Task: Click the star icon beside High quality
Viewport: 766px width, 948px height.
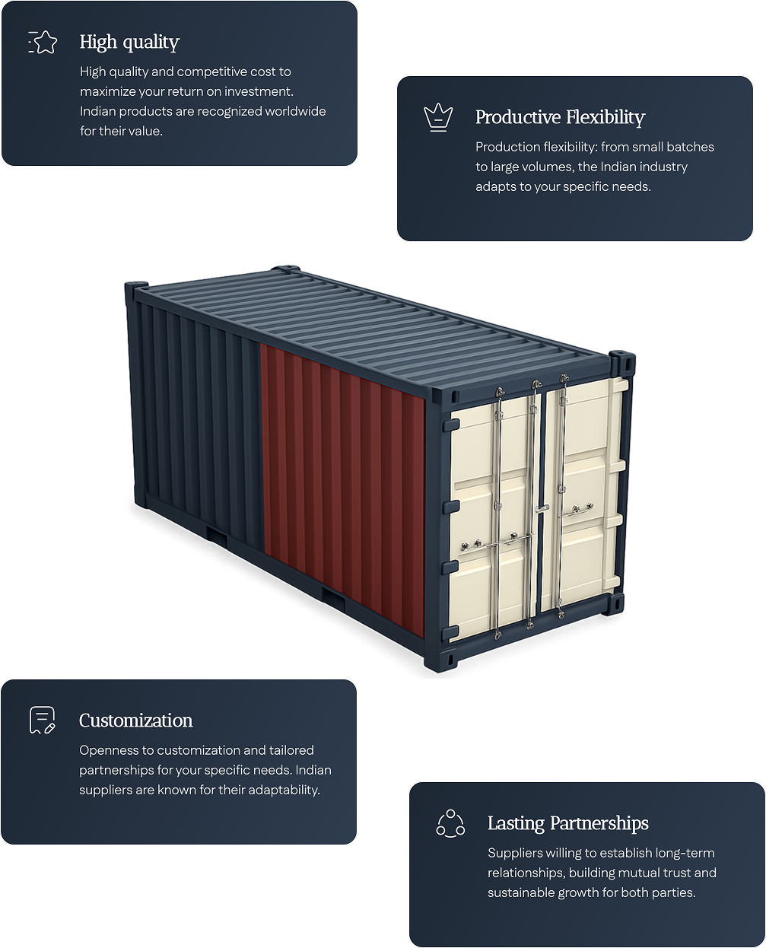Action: [x=43, y=43]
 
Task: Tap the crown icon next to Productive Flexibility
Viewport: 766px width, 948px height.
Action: [x=438, y=117]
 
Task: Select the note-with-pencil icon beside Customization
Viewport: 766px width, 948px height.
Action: [x=43, y=720]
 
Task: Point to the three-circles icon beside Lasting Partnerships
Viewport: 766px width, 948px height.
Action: [x=450, y=823]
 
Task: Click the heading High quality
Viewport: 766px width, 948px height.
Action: [x=129, y=43]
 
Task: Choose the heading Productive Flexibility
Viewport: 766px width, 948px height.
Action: [x=560, y=117]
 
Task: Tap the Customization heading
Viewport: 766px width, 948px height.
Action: [x=135, y=721]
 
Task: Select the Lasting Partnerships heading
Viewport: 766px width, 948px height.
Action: [x=567, y=823]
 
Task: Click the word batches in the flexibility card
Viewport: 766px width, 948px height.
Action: [x=691, y=147]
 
